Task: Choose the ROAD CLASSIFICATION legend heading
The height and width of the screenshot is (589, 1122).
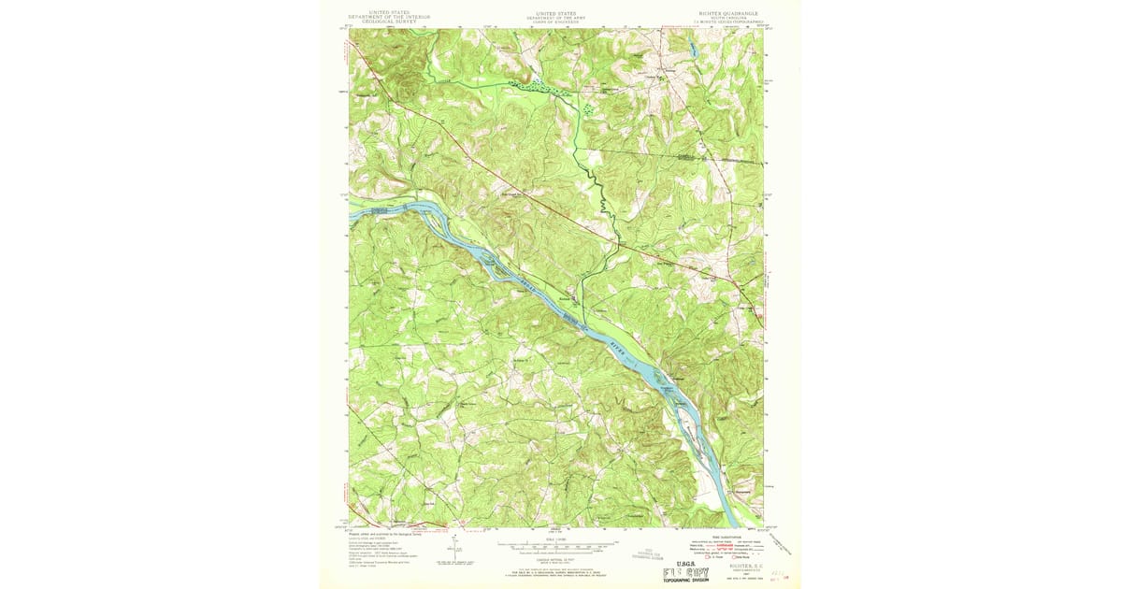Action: pyautogui.click(x=726, y=536)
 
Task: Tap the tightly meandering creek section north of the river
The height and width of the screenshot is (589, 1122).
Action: pyautogui.click(x=603, y=201)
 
